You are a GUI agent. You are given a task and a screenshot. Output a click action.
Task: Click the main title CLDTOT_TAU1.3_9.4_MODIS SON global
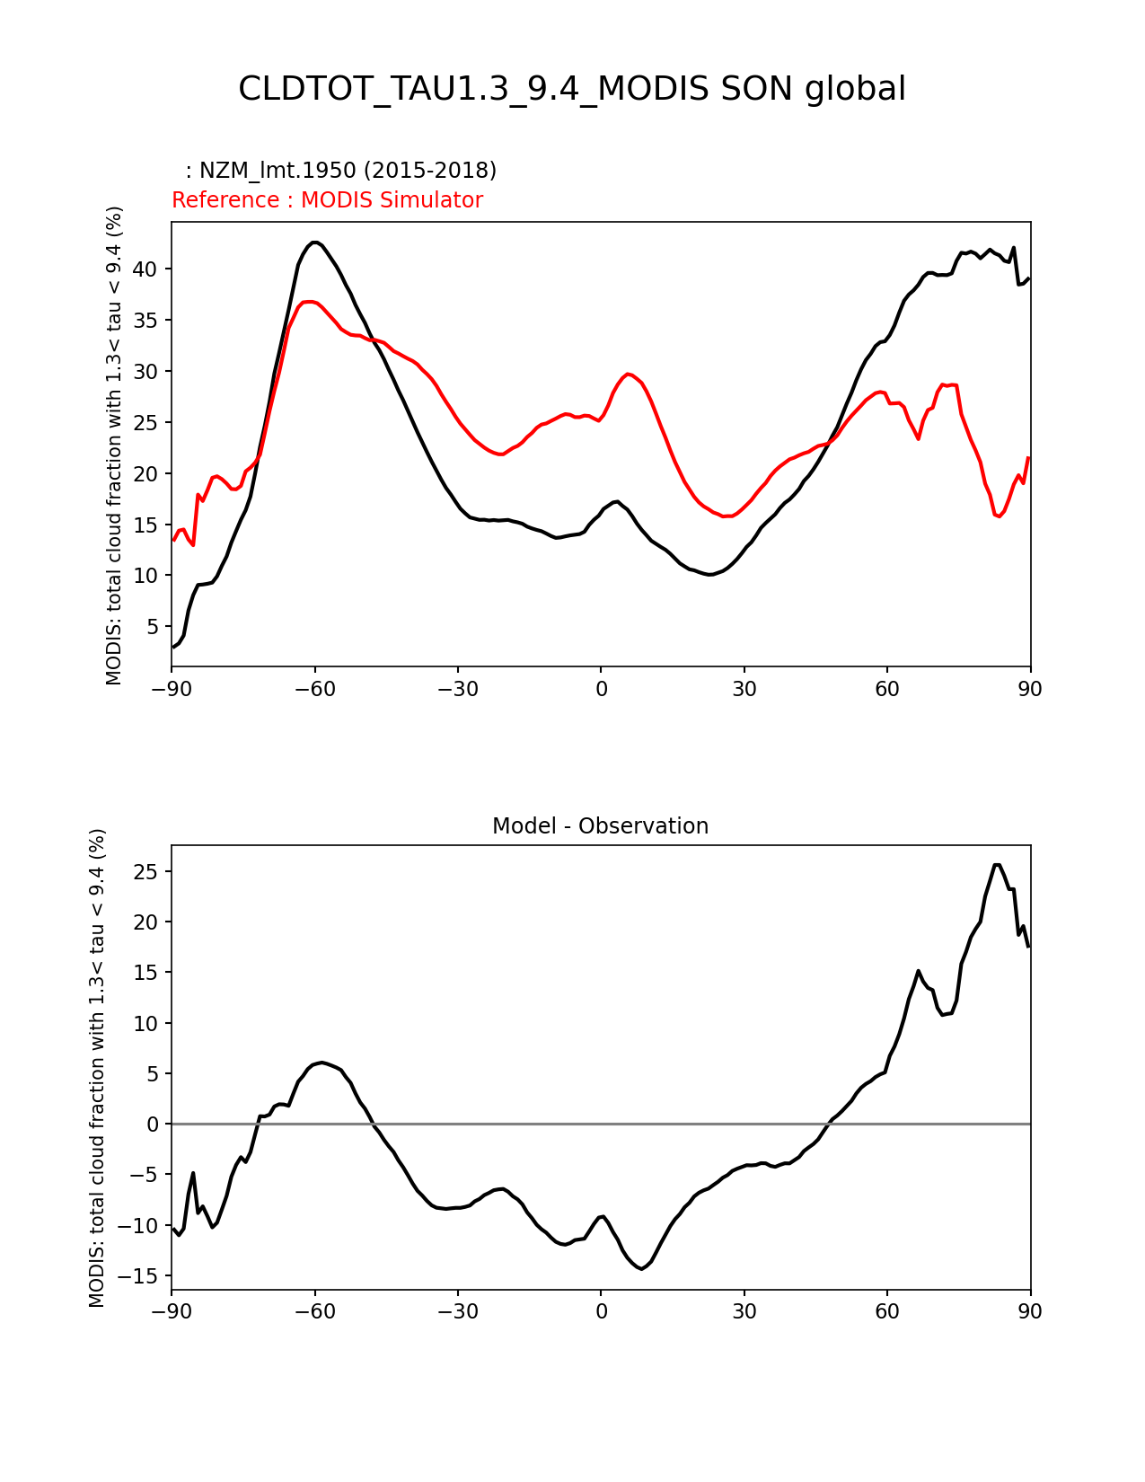[572, 89]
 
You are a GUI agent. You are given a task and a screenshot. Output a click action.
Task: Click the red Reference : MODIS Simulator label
[327, 200]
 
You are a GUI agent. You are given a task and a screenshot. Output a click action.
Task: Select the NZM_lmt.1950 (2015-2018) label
[341, 171]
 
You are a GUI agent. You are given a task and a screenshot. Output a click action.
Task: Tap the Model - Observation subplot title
[600, 826]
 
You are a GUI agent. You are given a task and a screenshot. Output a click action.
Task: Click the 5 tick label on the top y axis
[153, 626]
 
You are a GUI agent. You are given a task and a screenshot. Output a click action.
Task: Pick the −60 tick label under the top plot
[314, 689]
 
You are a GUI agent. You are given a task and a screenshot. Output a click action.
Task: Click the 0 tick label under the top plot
[601, 689]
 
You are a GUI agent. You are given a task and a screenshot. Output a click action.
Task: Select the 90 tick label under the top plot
[1030, 689]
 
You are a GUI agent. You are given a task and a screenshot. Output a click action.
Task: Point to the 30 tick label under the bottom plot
[744, 1311]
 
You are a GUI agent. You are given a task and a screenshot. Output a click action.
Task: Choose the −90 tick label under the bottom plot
[172, 1311]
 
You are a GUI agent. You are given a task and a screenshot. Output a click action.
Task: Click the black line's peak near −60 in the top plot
[314, 243]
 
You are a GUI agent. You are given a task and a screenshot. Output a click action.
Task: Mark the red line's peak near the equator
[629, 374]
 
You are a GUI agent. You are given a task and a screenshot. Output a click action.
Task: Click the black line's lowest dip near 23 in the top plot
[709, 574]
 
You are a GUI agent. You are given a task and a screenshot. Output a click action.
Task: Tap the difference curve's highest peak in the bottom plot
[997, 865]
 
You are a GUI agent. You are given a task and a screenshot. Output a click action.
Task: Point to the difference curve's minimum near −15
[641, 1268]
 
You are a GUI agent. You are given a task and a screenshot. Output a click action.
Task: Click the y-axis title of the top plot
[114, 445]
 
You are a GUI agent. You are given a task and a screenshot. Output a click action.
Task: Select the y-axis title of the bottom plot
[97, 1067]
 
